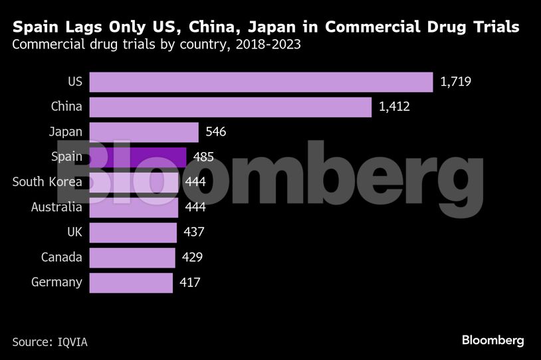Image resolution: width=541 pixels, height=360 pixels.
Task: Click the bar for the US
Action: point(261,82)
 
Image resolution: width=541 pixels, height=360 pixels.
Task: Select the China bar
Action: point(230,107)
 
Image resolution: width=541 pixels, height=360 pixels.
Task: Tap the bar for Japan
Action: point(144,132)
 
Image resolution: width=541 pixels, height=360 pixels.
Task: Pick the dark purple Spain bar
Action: point(138,157)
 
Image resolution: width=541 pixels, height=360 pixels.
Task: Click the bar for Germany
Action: point(130,282)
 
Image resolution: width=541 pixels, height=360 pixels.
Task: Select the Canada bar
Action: point(132,257)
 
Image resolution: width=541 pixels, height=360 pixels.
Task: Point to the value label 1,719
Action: point(456,82)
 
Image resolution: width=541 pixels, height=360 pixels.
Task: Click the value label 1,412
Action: point(395,107)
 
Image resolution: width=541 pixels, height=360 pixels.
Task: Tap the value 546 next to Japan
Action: point(216,132)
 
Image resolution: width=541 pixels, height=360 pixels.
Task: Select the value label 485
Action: point(203,157)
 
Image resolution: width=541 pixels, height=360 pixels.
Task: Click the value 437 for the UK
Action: point(193,232)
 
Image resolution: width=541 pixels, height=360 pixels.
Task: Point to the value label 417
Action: point(189,282)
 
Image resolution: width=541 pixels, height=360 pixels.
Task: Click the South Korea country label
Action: point(47,182)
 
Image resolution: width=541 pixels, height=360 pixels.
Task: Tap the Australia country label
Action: point(56,207)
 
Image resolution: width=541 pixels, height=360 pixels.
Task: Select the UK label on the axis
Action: point(73,232)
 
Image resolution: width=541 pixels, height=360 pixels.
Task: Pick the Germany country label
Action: point(56,282)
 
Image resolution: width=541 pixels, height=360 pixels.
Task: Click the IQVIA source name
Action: point(70,342)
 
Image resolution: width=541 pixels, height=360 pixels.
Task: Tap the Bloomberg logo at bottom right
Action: point(492,340)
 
